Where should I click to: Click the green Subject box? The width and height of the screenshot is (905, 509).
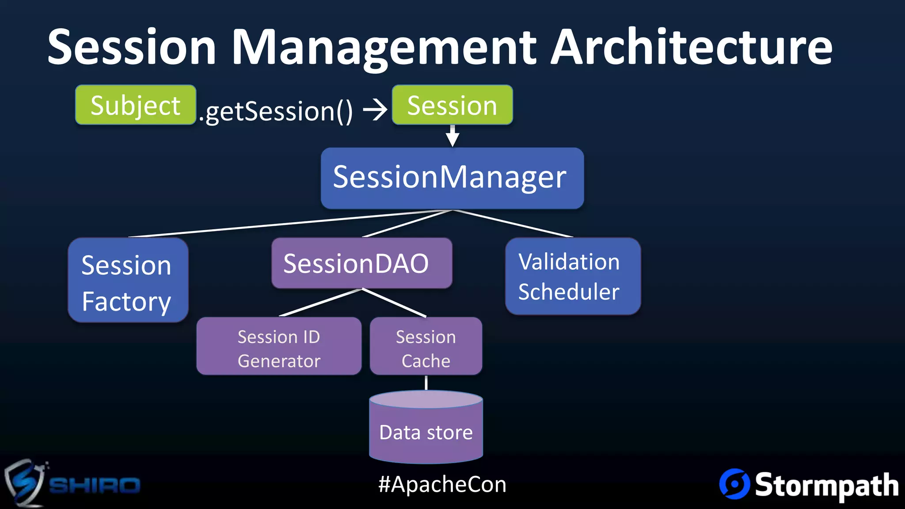point(135,105)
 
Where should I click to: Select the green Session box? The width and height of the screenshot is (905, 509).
point(452,105)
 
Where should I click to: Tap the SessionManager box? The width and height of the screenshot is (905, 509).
point(452,178)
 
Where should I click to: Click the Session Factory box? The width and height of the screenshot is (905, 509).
point(128,280)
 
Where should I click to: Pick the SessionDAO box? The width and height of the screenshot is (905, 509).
point(361,263)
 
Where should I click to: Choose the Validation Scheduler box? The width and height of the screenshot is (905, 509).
point(573,277)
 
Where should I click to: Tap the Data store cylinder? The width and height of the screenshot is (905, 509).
point(426,431)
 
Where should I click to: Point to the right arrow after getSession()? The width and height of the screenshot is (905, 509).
point(375,110)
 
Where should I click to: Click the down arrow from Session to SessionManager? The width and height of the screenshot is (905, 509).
point(452,136)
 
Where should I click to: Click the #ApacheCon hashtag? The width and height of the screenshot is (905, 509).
point(442,484)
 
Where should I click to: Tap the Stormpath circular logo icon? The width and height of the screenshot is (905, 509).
point(734,484)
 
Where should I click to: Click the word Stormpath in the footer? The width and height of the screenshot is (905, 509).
point(826,485)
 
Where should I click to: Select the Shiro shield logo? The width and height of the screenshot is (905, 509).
point(24,483)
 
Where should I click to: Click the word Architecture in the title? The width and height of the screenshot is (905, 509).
point(692,47)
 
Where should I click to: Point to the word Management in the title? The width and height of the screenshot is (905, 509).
point(384,48)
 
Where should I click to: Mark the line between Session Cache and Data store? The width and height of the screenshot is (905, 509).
point(426,383)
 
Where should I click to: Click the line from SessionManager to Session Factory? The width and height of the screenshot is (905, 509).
point(287,224)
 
